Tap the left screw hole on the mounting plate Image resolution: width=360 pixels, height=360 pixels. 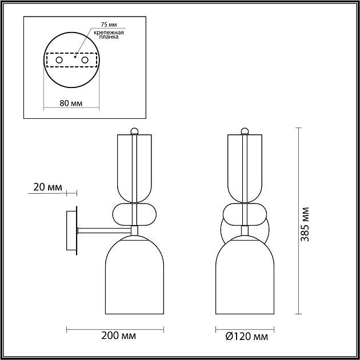(x=59, y=60)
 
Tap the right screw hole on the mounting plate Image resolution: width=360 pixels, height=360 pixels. (x=85, y=60)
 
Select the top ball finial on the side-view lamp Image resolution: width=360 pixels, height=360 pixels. (x=135, y=130)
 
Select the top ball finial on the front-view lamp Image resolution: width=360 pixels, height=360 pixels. (x=246, y=130)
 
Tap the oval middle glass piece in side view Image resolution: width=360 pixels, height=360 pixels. (x=135, y=214)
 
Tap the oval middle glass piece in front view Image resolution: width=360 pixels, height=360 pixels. (x=246, y=214)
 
